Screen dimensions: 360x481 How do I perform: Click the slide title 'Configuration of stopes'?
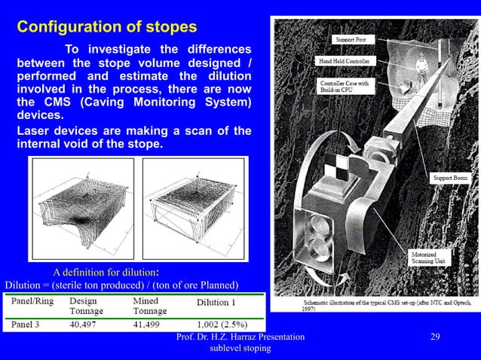click(x=107, y=27)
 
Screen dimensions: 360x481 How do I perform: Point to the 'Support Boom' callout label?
click(x=449, y=178)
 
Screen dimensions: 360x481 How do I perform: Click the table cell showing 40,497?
click(x=86, y=325)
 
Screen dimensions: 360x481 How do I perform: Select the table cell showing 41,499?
click(x=150, y=325)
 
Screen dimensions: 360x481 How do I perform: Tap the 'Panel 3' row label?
click(x=29, y=325)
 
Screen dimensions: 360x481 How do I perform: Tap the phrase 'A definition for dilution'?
click(x=103, y=271)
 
